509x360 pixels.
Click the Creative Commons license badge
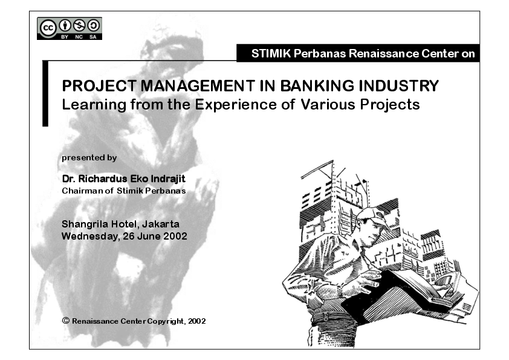click(x=70, y=28)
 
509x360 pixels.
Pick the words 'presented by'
click(x=89, y=157)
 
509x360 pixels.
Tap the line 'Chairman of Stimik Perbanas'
click(x=124, y=190)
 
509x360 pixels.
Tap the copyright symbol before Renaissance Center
click(x=66, y=320)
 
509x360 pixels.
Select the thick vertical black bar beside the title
click(x=45, y=93)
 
